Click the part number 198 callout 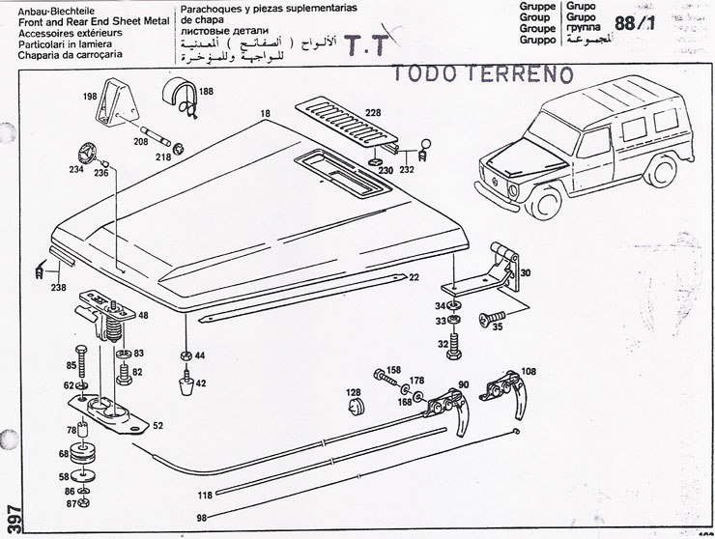click(x=89, y=98)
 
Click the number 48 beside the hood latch click(x=144, y=316)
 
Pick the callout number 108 click(x=529, y=370)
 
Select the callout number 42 click(x=201, y=383)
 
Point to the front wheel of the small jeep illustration click(x=548, y=200)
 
